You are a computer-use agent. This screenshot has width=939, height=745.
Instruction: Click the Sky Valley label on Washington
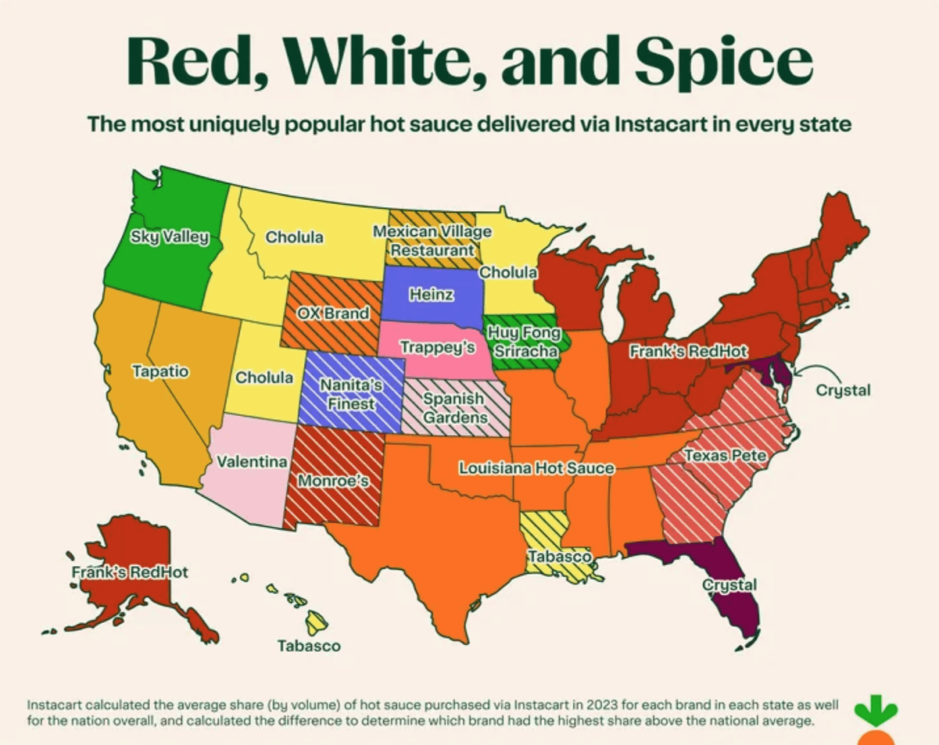[x=170, y=237]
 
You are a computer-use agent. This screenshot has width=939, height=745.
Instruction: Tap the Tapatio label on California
[x=161, y=371]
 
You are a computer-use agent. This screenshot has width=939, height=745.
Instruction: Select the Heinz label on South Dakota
[x=431, y=295]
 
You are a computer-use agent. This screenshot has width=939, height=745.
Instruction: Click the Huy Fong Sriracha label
[x=524, y=342]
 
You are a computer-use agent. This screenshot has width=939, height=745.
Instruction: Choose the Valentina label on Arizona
[x=252, y=462]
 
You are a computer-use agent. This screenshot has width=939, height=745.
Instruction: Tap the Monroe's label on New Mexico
[x=333, y=481]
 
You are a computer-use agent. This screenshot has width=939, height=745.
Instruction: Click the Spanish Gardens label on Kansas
[x=454, y=408]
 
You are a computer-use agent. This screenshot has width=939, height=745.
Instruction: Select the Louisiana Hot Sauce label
[x=536, y=467]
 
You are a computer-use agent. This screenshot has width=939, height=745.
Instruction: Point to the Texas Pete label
[x=726, y=456]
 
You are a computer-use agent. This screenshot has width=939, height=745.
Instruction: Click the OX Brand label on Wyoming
[x=334, y=313]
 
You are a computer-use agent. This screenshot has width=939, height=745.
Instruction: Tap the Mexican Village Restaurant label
[x=432, y=241]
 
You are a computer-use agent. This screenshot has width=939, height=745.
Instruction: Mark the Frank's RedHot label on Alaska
[x=130, y=572]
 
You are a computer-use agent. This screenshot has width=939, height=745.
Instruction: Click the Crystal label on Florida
[x=730, y=584]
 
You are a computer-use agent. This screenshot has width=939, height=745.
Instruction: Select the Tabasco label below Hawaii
[x=309, y=645]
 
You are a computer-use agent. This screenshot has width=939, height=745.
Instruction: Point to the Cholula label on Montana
[x=295, y=237]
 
